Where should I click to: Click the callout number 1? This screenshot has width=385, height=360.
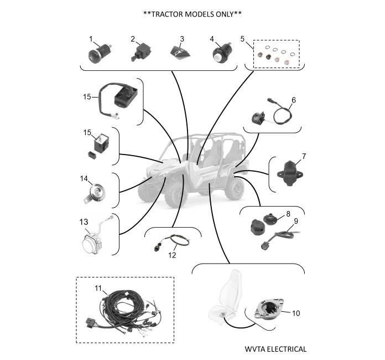tap(91, 39)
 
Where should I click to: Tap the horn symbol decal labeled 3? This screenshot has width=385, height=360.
tap(180, 53)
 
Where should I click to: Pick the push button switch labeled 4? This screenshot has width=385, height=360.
tap(221, 53)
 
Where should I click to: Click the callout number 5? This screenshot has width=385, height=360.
tap(242, 39)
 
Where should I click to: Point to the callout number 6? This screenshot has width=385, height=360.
tap(294, 100)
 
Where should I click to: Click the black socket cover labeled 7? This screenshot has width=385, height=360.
tap(290, 173)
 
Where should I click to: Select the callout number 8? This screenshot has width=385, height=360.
tap(288, 214)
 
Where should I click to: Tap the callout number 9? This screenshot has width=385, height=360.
tap(296, 221)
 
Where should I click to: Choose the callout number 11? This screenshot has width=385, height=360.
tap(98, 288)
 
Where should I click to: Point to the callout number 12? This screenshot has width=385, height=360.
tap(172, 255)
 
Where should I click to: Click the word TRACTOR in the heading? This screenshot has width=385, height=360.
tap(167, 14)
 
